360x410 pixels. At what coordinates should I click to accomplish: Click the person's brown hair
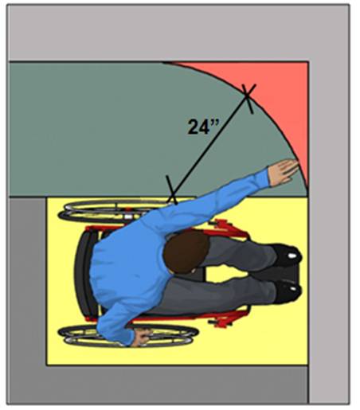coord(186,252)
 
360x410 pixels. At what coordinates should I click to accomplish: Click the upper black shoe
coord(287,256)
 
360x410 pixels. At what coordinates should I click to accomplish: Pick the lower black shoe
coord(288,291)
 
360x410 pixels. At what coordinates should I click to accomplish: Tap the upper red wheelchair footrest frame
coord(229,228)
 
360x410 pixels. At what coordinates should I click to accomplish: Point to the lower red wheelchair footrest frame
coord(229,318)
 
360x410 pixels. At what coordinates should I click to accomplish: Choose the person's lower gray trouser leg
coord(221,295)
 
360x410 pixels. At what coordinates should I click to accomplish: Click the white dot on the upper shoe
coord(292,256)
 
